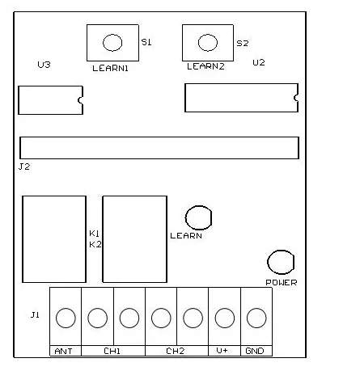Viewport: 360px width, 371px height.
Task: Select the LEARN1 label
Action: click(110, 68)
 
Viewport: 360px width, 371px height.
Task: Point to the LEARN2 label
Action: click(205, 66)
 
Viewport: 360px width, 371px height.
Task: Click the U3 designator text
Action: click(44, 65)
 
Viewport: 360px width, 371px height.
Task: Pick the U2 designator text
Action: click(259, 62)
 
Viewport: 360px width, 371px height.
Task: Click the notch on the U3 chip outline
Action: click(80, 100)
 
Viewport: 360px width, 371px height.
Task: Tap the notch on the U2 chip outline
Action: click(296, 98)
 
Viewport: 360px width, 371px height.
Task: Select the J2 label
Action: click(24, 167)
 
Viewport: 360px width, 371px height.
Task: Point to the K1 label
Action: click(95, 234)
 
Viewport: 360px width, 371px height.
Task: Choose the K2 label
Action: click(95, 244)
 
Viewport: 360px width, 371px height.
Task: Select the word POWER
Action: click(282, 282)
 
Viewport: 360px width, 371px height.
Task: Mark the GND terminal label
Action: click(255, 351)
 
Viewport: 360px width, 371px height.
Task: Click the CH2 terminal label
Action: click(176, 351)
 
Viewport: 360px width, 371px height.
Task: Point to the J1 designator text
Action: click(35, 314)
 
